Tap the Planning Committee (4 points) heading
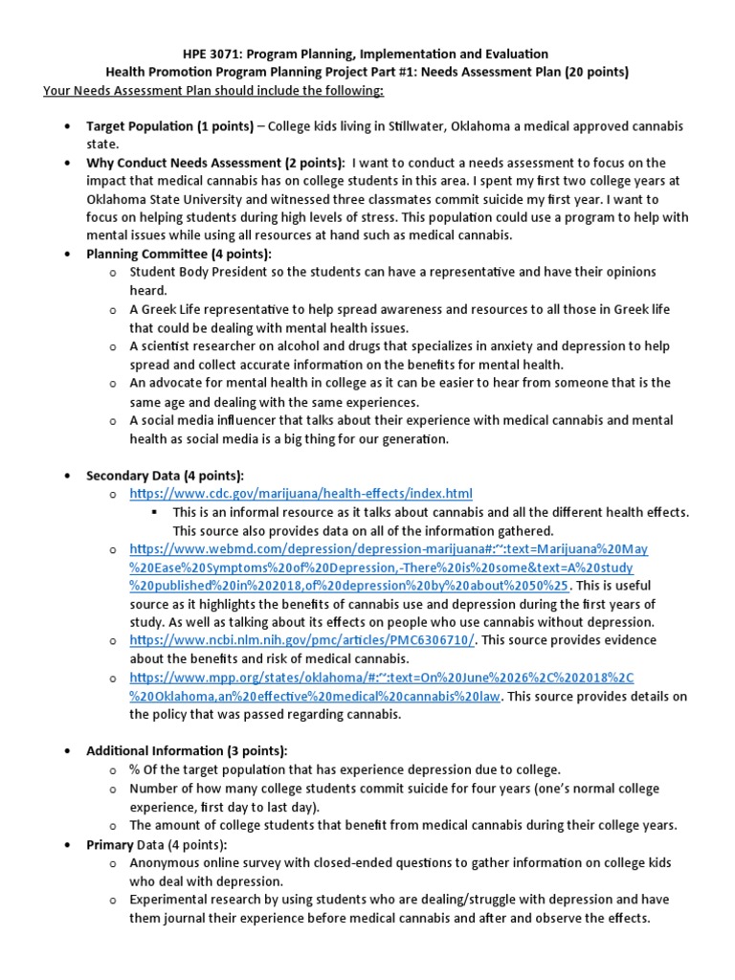179,254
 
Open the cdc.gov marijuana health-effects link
301,494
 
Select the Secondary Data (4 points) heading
165,476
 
